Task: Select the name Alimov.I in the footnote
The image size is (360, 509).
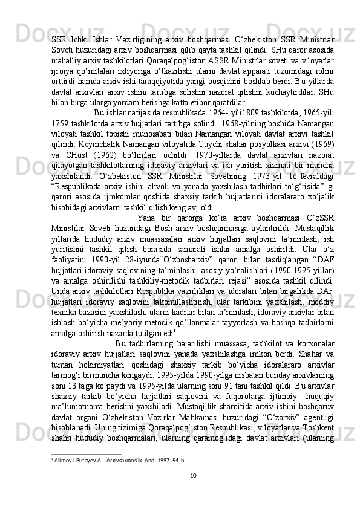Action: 64,459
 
